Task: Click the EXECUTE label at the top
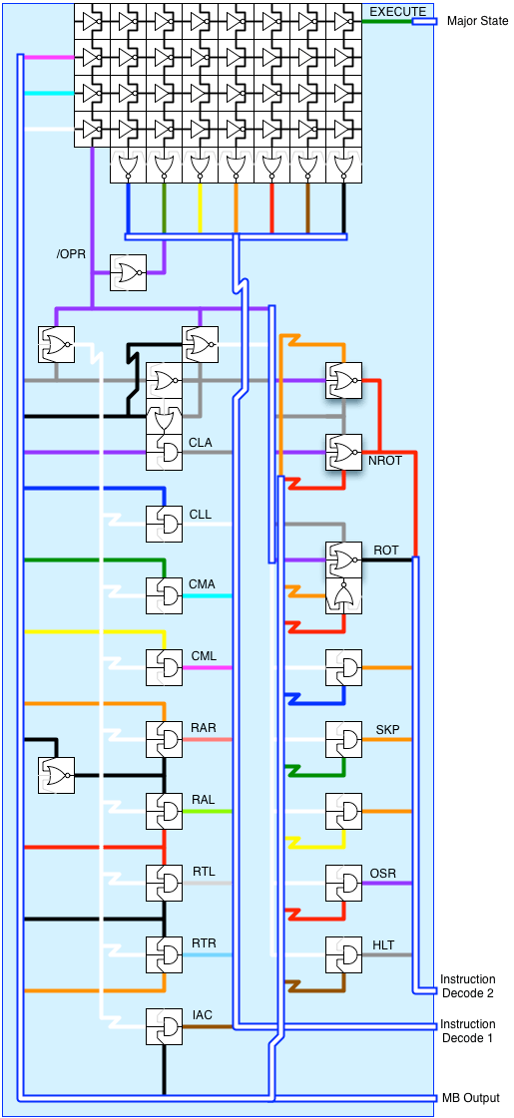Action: point(398,12)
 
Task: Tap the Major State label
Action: point(475,20)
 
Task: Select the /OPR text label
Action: point(71,254)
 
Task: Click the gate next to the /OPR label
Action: point(128,272)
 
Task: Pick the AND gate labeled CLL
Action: point(164,523)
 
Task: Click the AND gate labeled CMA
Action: point(164,595)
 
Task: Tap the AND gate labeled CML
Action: point(164,667)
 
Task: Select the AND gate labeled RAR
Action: point(164,739)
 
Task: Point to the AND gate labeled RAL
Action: point(164,811)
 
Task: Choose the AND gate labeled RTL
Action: point(164,883)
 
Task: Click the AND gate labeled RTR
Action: point(164,954)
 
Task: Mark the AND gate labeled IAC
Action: point(164,1026)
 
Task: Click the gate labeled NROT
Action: point(343,452)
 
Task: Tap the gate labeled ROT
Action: point(343,559)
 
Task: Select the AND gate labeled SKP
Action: point(343,739)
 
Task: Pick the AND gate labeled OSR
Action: point(343,883)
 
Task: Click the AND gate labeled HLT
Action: point(343,954)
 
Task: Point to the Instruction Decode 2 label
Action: point(468,985)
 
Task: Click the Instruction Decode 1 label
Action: point(468,1031)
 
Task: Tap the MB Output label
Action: point(471,1098)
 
